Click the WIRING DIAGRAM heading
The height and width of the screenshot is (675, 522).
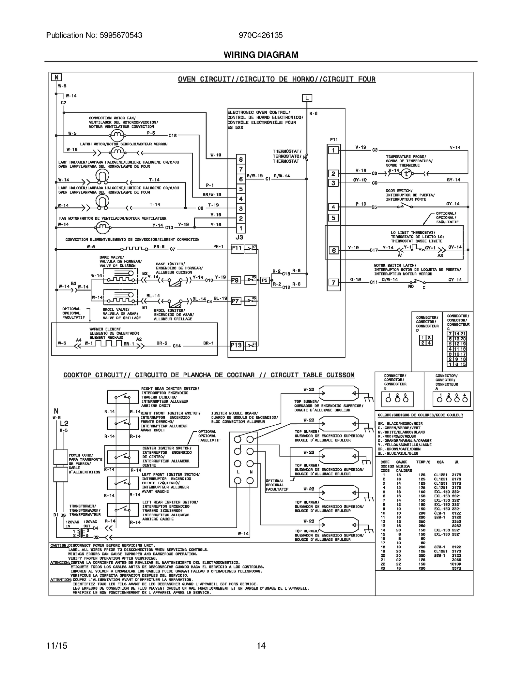261,55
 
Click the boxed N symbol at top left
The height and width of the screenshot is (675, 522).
56,77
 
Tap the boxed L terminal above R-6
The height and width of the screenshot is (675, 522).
307,98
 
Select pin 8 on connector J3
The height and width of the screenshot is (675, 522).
241,159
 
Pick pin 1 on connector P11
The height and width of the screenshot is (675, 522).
333,150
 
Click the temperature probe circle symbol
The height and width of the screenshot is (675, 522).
406,174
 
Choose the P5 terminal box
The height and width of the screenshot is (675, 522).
265,280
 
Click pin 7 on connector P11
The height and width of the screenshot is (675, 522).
333,282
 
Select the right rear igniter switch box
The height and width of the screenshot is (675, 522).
123,397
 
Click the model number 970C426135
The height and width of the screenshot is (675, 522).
261,35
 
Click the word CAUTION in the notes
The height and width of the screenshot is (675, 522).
59,545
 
